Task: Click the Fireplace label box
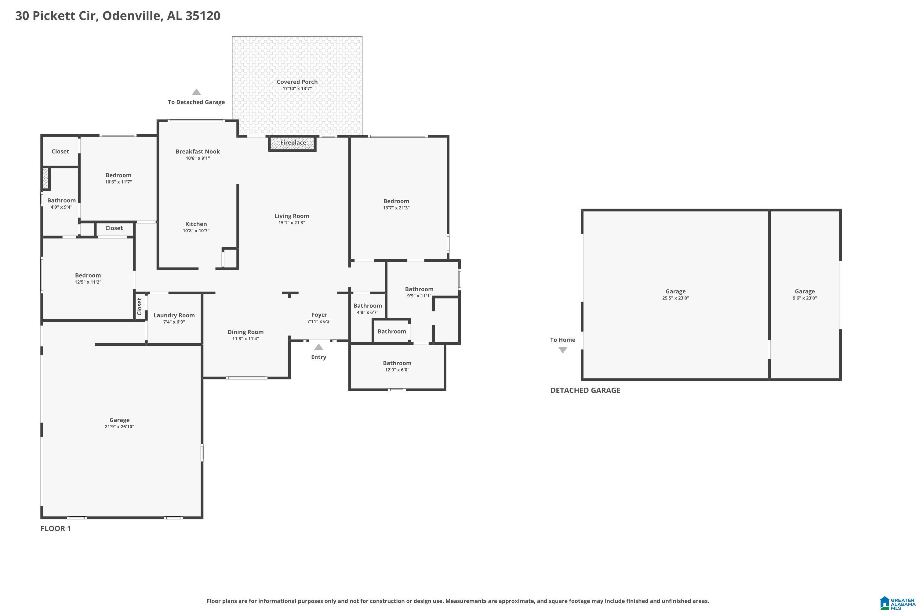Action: coord(293,143)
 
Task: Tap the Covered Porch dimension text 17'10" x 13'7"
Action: coord(297,89)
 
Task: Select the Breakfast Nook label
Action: coord(198,151)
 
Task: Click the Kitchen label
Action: coord(196,224)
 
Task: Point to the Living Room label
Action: coord(291,216)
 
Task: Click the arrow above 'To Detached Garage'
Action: coord(196,92)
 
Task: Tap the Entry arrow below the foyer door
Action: coord(318,347)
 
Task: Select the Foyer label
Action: coord(319,315)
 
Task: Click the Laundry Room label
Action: coord(174,315)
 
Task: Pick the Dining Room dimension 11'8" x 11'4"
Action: coord(245,339)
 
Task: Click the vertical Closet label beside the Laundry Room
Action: coord(140,307)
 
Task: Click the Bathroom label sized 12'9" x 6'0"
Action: coord(397,363)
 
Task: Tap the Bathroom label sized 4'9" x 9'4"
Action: coord(62,200)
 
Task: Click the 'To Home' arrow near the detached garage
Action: coord(563,350)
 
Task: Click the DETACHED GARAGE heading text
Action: coord(585,390)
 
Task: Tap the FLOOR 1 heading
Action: coord(56,528)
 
